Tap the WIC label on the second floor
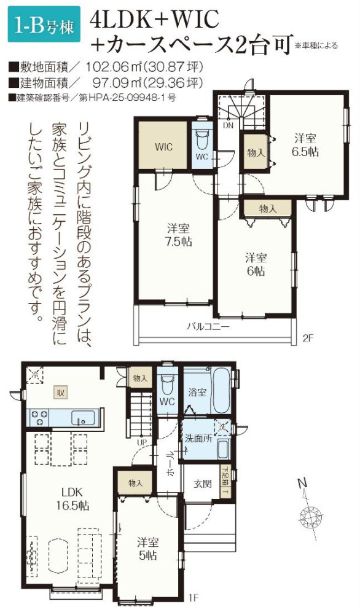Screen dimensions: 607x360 163,147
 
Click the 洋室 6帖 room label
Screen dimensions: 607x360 256,264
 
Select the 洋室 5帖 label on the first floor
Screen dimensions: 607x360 147,549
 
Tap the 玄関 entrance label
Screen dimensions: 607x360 203,484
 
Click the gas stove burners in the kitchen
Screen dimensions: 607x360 37,418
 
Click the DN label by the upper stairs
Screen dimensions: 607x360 228,125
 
